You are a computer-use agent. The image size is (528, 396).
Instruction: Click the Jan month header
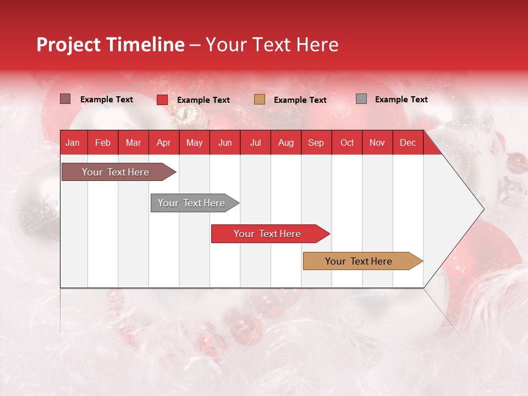(x=73, y=142)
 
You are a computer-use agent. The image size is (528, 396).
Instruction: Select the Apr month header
(x=164, y=142)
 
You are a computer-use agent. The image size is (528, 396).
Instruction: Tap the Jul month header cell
(x=255, y=142)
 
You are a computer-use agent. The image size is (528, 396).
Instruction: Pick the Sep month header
(x=316, y=142)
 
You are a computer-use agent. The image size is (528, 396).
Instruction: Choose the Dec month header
(x=408, y=142)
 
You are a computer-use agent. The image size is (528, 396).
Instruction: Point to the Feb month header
(x=103, y=142)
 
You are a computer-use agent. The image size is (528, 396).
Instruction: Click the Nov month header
(x=377, y=142)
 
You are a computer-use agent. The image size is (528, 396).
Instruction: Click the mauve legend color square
(x=65, y=99)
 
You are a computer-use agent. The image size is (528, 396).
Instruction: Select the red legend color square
(x=162, y=100)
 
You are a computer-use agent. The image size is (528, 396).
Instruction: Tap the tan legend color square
(x=260, y=99)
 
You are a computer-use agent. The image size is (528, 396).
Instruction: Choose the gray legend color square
(x=361, y=99)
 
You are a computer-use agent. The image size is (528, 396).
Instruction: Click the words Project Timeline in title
(x=111, y=45)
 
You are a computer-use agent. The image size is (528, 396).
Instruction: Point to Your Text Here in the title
(x=272, y=45)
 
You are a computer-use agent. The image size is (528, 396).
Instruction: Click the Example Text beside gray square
(x=401, y=100)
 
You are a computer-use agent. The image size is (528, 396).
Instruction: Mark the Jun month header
(x=225, y=142)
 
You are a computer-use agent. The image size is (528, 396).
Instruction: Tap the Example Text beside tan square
(x=300, y=100)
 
